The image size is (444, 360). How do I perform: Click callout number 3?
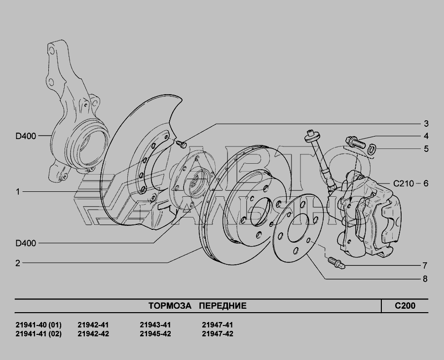[426, 124]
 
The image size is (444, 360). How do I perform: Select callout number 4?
[426, 136]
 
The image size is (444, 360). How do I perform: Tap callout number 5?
[426, 149]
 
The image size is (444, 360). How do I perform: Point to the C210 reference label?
[404, 183]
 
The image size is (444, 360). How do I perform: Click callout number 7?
[425, 266]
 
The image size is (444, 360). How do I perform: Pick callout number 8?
[425, 279]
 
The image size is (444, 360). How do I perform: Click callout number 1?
[18, 192]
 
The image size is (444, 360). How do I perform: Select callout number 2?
[18, 263]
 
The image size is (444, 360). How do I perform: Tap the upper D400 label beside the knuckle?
[26, 136]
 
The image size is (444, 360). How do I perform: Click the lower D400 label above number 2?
[26, 243]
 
